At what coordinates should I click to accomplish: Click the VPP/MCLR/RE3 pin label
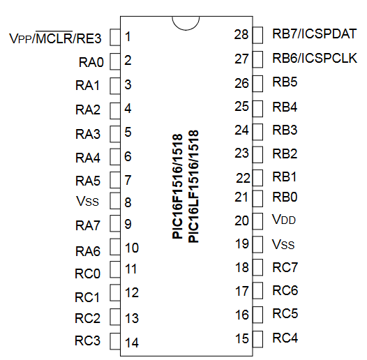[55, 38]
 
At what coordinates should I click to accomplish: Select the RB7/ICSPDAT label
[315, 33]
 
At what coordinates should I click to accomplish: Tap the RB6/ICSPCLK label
[315, 58]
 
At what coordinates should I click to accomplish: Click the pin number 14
[132, 343]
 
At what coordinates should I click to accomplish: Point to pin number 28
[241, 34]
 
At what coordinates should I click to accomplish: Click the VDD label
[284, 219]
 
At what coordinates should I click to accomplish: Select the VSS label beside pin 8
[87, 201]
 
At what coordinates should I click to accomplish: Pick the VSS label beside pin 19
[283, 244]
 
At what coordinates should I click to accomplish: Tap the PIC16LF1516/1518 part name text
[193, 186]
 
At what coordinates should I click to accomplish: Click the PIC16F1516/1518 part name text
[177, 186]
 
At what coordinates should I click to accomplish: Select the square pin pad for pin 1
[115, 37]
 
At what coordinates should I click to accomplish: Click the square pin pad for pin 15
[257, 339]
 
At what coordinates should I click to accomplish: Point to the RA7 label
[88, 225]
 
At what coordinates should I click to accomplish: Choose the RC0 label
[87, 273]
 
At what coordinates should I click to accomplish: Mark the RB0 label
[285, 197]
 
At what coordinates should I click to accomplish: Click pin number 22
[243, 178]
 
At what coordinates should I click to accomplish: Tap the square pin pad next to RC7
[257, 267]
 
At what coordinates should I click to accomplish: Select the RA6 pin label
[88, 251]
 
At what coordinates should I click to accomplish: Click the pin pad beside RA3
[115, 134]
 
